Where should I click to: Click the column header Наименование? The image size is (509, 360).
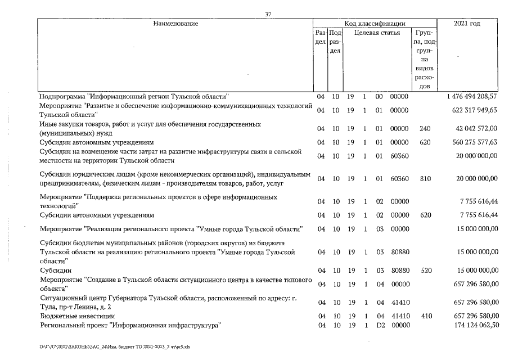(x=175, y=24)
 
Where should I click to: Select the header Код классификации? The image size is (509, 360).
(x=375, y=24)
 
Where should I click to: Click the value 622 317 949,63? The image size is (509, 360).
(x=475, y=110)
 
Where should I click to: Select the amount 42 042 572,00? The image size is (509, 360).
(x=477, y=129)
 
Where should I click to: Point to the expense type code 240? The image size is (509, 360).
(x=425, y=129)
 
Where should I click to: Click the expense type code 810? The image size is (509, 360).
(x=425, y=179)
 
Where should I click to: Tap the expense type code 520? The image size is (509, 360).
(x=425, y=270)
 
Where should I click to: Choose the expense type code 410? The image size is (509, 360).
(x=425, y=316)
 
